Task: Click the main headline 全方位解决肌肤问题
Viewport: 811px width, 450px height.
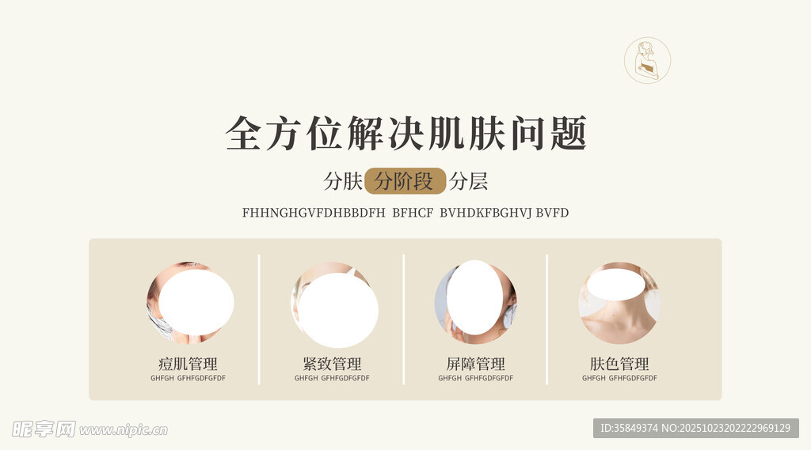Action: (x=406, y=134)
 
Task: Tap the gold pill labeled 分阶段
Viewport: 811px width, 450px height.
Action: (x=405, y=181)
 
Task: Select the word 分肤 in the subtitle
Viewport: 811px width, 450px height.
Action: (x=343, y=181)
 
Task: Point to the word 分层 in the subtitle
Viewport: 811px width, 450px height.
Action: (x=468, y=181)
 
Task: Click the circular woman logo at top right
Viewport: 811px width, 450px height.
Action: (x=647, y=60)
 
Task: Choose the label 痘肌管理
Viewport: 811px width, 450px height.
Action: (x=188, y=364)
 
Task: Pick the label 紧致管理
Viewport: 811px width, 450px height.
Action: (x=332, y=364)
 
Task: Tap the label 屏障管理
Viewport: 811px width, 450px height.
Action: (x=475, y=364)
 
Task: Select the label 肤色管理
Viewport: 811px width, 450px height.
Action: (x=619, y=364)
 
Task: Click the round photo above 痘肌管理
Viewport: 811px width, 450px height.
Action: (x=189, y=303)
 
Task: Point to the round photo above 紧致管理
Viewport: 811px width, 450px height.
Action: (x=334, y=304)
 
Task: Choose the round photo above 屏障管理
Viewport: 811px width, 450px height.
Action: (x=475, y=302)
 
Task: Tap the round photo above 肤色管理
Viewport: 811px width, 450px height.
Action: (x=619, y=303)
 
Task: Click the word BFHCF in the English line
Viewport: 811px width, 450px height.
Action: (x=413, y=213)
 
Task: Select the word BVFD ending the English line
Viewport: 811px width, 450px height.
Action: (x=552, y=213)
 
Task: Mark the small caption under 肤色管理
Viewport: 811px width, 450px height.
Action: (x=619, y=378)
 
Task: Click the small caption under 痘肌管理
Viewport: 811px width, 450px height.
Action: (x=188, y=378)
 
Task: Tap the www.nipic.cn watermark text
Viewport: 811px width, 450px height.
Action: (x=124, y=430)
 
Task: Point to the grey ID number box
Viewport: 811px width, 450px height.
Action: (x=695, y=429)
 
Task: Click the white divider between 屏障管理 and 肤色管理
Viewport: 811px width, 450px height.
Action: (x=546, y=320)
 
